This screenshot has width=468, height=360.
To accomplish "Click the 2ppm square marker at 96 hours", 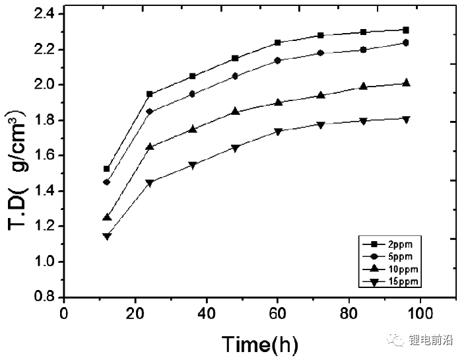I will tap(406, 30).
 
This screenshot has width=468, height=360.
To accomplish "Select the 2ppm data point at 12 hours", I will tap(107, 169).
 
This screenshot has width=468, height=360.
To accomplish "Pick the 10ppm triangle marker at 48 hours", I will tap(236, 112).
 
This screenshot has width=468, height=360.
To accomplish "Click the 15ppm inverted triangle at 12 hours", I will tap(107, 236).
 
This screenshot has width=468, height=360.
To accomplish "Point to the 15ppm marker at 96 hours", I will tap(406, 120).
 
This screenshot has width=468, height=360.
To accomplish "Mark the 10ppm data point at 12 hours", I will tap(107, 217).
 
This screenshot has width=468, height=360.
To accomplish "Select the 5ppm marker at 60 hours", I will tap(278, 60).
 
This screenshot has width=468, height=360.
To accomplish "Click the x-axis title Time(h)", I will tap(259, 343).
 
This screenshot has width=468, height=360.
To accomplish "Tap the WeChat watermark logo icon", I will tap(399, 341).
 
